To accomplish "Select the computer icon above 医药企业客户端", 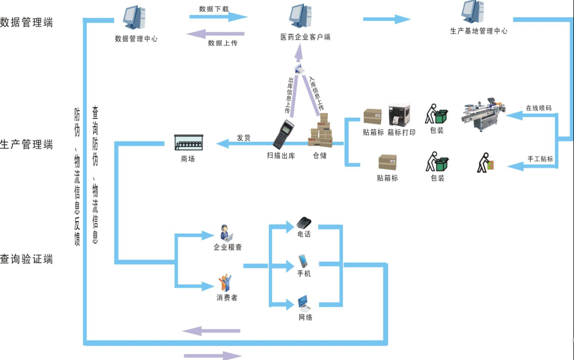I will click(x=301, y=16).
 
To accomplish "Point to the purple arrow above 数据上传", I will click(x=216, y=34).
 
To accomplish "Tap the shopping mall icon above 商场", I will click(x=188, y=142).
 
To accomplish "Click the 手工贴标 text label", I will click(x=540, y=159).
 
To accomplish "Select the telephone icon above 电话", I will click(x=304, y=222).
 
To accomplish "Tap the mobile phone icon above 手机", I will click(x=303, y=261).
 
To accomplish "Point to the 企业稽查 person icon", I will click(x=226, y=232).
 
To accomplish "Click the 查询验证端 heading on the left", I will click(x=27, y=259).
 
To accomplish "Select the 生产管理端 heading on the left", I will click(x=27, y=144).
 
